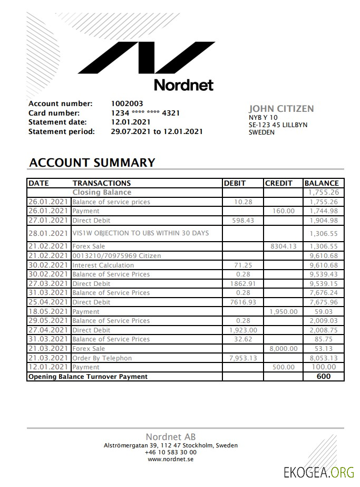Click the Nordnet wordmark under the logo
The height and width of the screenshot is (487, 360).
[183, 84]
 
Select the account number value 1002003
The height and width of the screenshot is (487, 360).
[127, 103]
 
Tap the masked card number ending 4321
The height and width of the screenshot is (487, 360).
[145, 113]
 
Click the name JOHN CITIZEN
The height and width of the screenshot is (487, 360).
[281, 109]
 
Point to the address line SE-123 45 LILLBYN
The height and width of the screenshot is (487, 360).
[278, 125]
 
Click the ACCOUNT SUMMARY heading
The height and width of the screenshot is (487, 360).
[92, 163]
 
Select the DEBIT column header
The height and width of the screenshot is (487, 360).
[235, 183]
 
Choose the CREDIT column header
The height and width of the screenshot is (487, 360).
[278, 183]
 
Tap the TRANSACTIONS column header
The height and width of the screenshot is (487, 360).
[102, 183]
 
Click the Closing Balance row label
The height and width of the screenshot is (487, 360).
[102, 193]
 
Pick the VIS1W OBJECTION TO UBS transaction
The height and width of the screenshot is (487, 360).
[140, 233]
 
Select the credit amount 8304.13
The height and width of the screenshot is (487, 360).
[284, 246]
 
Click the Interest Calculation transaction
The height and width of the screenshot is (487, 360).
[103, 265]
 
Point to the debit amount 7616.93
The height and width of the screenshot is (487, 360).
[243, 302]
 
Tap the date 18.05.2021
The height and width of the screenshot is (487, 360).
[48, 311]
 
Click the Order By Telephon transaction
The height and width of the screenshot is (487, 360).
[102, 358]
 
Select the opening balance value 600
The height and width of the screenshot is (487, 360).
[324, 376]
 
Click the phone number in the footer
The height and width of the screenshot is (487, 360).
[171, 452]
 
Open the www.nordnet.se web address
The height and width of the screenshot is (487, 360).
[171, 459]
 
